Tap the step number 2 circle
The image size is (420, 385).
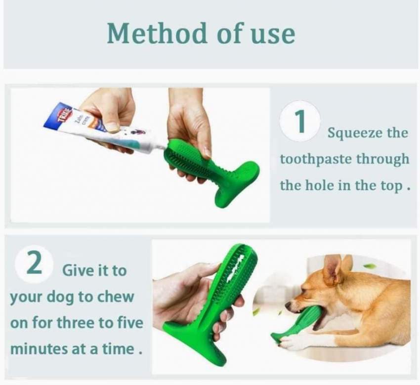pyautogui.click(x=35, y=263)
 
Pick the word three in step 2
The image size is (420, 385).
pyautogui.click(x=76, y=323)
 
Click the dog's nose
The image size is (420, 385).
pyautogui.click(x=289, y=305)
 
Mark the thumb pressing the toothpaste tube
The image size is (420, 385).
pyautogui.click(x=113, y=126)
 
